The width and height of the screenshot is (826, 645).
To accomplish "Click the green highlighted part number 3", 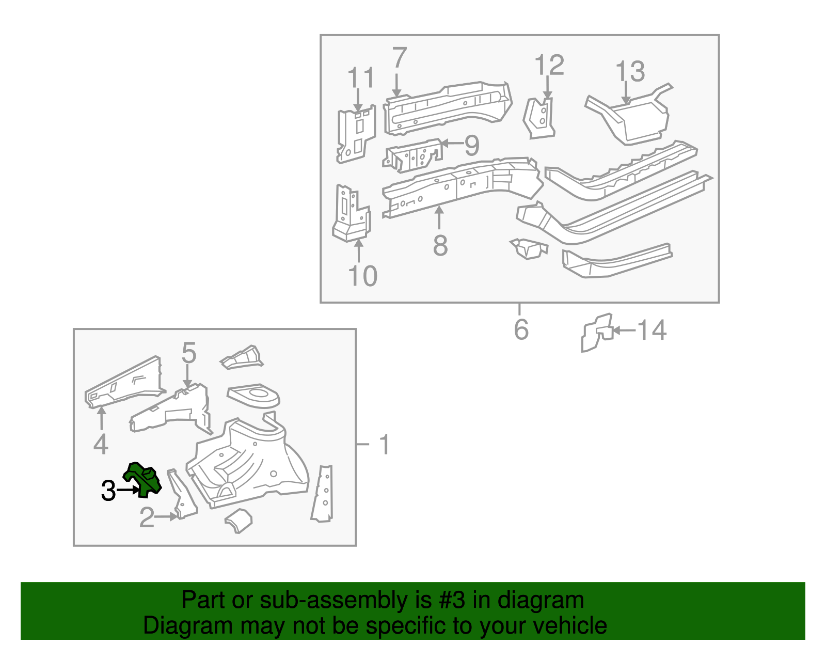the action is click(x=142, y=480).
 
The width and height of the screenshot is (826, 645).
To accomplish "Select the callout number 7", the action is click(x=400, y=57).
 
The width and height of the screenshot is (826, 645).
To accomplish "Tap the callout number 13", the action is click(x=630, y=71).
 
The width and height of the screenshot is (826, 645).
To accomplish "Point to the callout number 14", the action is click(x=652, y=330).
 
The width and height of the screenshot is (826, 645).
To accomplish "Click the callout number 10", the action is click(x=362, y=276).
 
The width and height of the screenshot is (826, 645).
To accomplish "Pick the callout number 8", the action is click(x=440, y=245).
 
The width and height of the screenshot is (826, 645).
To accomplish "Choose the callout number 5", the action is click(x=188, y=352).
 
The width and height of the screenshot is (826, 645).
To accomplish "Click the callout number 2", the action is click(x=147, y=517).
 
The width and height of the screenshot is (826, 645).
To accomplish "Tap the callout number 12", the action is click(x=549, y=65).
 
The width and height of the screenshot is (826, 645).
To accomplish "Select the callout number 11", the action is click(x=361, y=77).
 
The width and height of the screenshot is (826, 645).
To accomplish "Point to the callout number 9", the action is click(x=472, y=145).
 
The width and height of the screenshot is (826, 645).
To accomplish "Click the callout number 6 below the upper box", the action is click(x=521, y=329).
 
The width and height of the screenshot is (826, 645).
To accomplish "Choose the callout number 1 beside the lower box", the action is click(x=385, y=444).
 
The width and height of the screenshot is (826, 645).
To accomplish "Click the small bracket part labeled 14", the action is click(x=597, y=333).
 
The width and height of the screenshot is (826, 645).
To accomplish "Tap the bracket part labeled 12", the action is click(x=539, y=118).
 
